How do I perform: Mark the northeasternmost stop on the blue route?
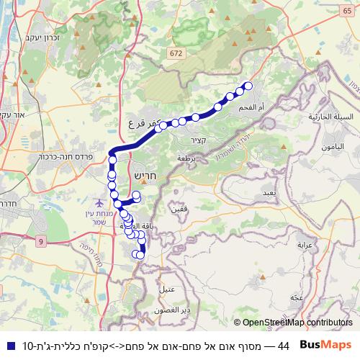click(249, 86)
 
